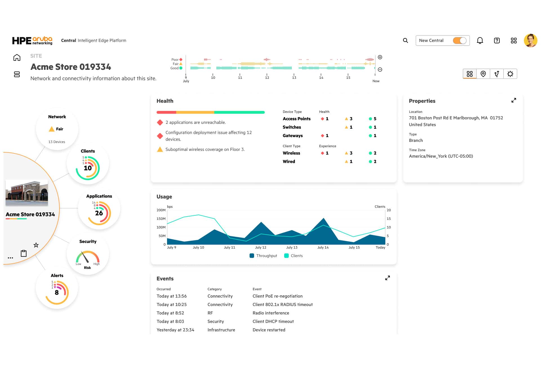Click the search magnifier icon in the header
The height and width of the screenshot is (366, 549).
tap(405, 41)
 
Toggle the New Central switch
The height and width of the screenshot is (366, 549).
tap(459, 41)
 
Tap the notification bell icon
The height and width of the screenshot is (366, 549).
tap(480, 41)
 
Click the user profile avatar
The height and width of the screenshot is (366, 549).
tap(530, 41)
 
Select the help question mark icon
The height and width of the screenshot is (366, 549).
tap(497, 41)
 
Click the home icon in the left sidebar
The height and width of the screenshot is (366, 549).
tap(17, 58)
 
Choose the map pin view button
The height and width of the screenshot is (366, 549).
tap(483, 74)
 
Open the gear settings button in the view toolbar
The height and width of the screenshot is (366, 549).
tap(510, 74)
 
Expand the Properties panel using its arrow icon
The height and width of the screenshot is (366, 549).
tap(514, 100)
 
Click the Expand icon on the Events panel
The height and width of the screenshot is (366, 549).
tap(388, 278)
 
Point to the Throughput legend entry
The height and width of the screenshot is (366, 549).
tap(263, 256)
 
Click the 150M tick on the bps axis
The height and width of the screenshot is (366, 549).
tap(161, 219)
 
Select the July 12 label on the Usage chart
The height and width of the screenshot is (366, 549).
tap(261, 247)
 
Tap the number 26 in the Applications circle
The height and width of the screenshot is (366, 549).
tap(99, 213)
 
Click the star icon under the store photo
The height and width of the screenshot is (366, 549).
tap(36, 245)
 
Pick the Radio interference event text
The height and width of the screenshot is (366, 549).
tap(271, 313)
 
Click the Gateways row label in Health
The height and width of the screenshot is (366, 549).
tap(293, 136)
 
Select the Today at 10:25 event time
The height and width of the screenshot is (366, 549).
tap(172, 305)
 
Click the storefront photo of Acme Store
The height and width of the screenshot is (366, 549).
tap(27, 193)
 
